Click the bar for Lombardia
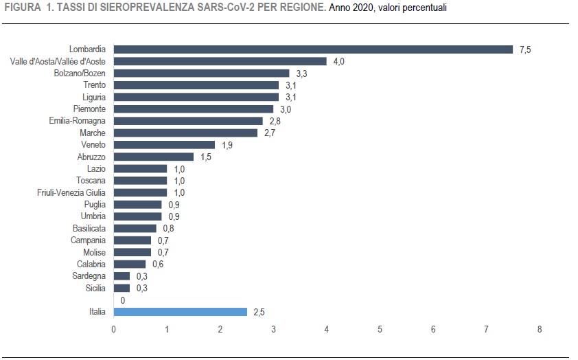click(x=313, y=49)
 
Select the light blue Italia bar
click(x=180, y=312)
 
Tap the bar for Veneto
click(x=164, y=145)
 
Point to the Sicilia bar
click(x=122, y=288)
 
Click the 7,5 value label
click(x=526, y=49)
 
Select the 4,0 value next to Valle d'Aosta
click(x=339, y=61)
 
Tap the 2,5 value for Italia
click(x=259, y=312)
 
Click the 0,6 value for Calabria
click(x=158, y=264)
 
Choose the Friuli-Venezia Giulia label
click(x=71, y=192)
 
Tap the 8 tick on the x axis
click(x=540, y=329)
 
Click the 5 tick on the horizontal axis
click(x=380, y=329)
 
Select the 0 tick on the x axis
click(x=114, y=329)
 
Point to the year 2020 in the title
click(x=356, y=8)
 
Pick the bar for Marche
click(x=185, y=133)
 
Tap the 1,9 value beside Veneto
click(x=227, y=145)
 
